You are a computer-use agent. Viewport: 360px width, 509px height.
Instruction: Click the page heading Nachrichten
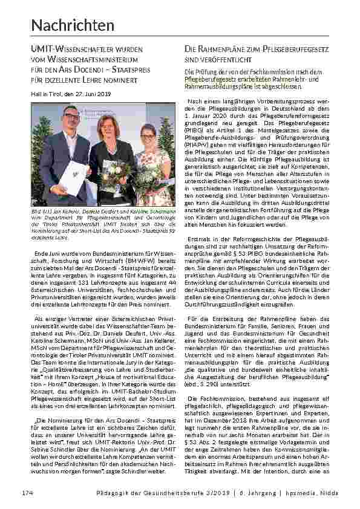[x=73, y=25]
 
